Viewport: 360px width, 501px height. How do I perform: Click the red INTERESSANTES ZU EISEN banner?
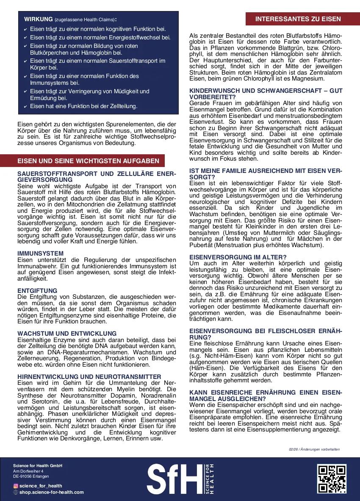298,19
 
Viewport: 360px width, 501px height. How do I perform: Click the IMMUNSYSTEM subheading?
41,254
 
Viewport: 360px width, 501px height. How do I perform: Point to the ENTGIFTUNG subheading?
37,291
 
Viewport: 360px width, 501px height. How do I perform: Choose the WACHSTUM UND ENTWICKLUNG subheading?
67,334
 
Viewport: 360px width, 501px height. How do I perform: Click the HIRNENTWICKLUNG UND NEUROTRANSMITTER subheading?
89,376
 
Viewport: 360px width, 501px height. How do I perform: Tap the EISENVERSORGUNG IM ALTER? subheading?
238,257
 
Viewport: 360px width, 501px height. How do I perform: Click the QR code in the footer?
332,479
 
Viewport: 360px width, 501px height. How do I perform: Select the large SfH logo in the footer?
180,479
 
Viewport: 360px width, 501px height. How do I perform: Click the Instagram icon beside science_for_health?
16,486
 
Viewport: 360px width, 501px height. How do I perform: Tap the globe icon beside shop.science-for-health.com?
16,492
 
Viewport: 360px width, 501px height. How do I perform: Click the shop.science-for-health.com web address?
51,492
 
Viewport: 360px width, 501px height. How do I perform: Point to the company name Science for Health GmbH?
38,466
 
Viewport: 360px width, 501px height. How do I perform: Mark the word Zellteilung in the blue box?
122,106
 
